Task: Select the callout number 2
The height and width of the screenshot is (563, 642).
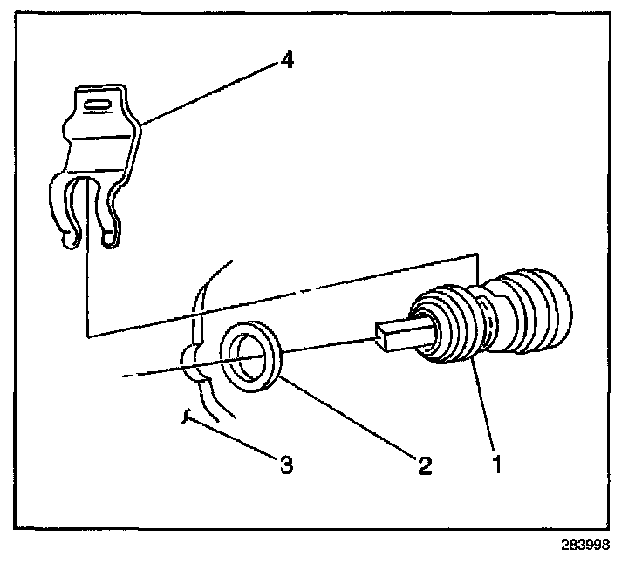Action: (x=425, y=465)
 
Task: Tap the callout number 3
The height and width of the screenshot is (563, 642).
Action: (x=285, y=465)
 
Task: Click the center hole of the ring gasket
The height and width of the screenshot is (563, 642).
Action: (x=252, y=360)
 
